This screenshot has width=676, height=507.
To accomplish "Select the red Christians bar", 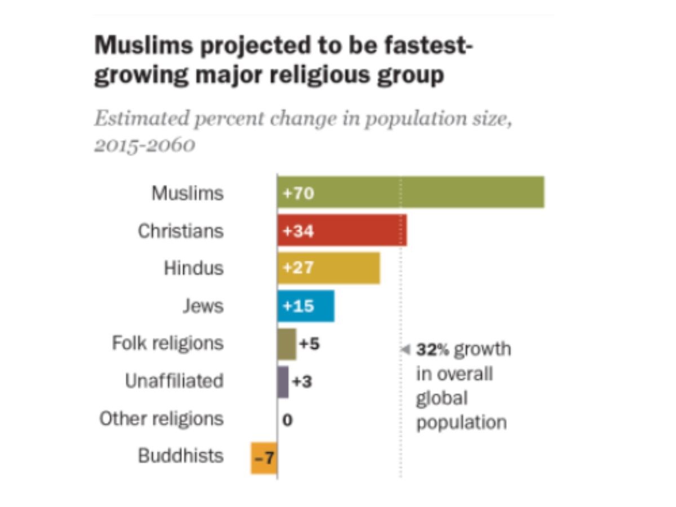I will tap(342, 230).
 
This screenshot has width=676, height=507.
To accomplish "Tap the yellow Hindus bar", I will tap(328, 268).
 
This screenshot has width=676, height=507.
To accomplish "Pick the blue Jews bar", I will tap(306, 306).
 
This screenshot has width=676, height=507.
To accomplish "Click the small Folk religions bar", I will tap(286, 344).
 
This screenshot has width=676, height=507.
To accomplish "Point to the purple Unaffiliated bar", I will tap(283, 381).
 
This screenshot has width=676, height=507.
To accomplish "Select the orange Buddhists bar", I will tap(264, 457).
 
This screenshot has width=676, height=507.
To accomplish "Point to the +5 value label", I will tap(309, 344).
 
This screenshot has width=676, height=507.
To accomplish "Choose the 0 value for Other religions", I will tap(287, 420).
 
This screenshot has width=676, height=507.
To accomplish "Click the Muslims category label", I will tap(188, 193).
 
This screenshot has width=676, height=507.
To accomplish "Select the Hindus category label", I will tap(194, 268).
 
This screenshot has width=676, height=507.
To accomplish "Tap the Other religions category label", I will tap(162, 419).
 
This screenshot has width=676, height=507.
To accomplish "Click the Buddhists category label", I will tap(181, 456).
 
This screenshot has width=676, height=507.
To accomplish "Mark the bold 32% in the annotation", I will tap(433, 350).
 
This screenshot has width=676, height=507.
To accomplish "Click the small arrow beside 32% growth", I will tap(405, 350).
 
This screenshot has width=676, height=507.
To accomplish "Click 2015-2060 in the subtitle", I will tap(145, 145).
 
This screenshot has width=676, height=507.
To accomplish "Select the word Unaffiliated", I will tap(174, 381).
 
